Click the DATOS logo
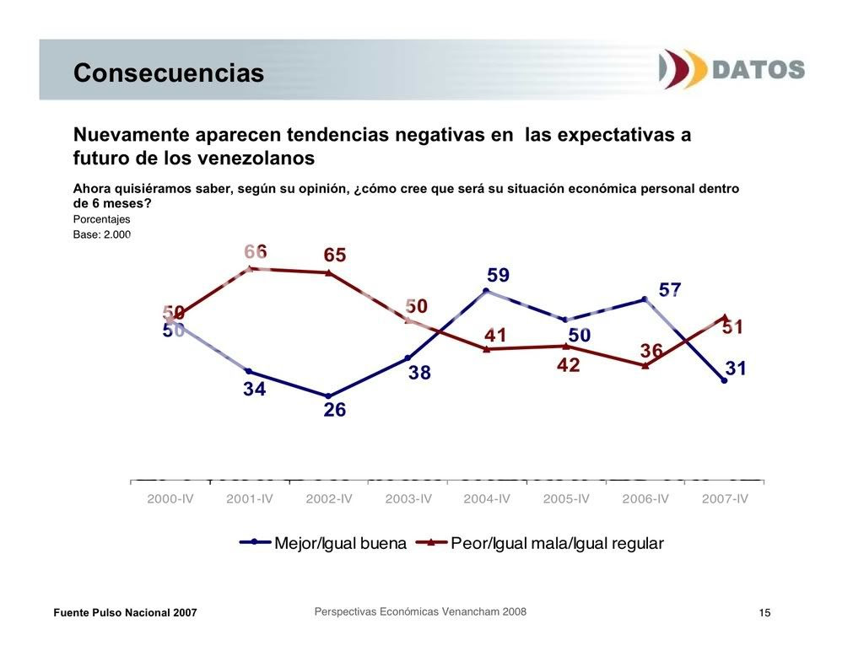[732, 68]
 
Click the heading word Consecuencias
[169, 73]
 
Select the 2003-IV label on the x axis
[408, 498]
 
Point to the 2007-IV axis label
[725, 498]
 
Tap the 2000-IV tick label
[170, 498]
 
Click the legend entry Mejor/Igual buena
[340, 543]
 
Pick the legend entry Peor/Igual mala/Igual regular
[557, 543]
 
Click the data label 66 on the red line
[256, 251]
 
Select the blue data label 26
[335, 411]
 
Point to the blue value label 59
[498, 276]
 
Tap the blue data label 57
[670, 290]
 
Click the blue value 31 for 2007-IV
[736, 368]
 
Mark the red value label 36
[651, 350]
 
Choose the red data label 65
[335, 256]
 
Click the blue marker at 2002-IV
[328, 395]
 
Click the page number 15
[764, 612]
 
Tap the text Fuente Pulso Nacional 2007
[125, 612]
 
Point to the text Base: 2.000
[101, 234]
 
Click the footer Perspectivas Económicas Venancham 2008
[420, 611]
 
